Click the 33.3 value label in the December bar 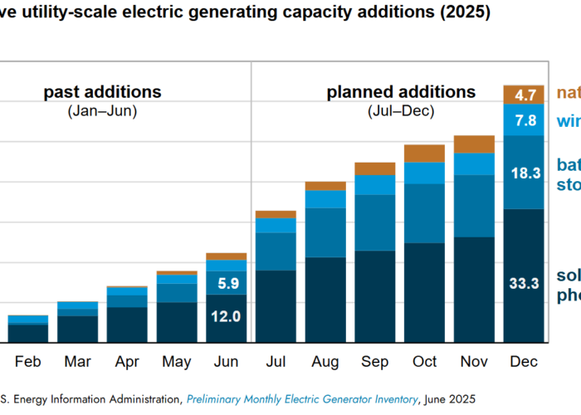pos(525,283)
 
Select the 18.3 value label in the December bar pos(525,173)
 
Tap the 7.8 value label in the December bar pos(525,120)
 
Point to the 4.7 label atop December pos(525,94)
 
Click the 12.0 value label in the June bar pos(226,316)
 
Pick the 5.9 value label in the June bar pos(226,283)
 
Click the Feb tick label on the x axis pos(27,362)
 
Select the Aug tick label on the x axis pos(325,362)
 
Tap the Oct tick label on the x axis pos(425,362)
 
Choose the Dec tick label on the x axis pos(525,362)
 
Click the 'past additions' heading pos(102,92)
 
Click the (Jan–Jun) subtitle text pos(102,110)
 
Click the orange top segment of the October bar pos(425,153)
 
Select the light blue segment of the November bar pos(475,164)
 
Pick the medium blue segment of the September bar pos(375,222)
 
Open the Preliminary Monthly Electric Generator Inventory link pos(302,398)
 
